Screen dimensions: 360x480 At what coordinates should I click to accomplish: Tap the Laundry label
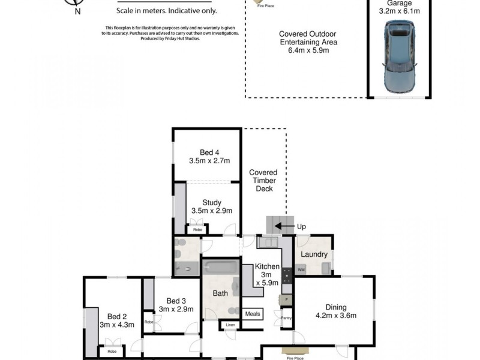point(314,254)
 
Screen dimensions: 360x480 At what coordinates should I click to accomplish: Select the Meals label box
point(253,313)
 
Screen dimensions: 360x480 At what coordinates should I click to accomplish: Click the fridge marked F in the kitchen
point(286,298)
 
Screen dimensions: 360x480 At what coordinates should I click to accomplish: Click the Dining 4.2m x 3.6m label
point(336,310)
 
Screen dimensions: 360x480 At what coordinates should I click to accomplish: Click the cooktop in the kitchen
point(286,275)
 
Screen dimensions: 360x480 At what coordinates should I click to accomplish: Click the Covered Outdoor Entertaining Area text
point(308,42)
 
